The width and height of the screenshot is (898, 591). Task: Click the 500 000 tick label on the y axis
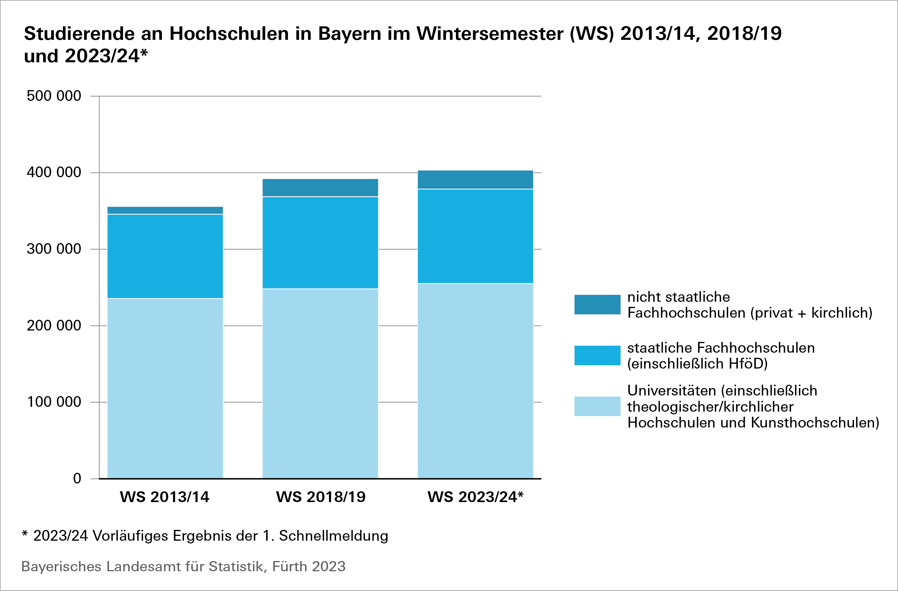coord(54,96)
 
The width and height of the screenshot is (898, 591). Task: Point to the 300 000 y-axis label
coord(54,249)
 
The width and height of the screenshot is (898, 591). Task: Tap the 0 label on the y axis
coord(77,478)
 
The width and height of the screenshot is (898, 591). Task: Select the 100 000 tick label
coord(54,402)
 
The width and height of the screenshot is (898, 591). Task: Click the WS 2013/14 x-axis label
coord(165,497)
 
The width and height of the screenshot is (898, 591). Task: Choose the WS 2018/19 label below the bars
coord(321,497)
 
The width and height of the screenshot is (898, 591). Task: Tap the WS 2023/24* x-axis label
coord(475,497)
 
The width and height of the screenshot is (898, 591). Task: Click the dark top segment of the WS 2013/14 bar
coord(165,210)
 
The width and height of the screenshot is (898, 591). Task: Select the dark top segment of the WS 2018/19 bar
coord(320,187)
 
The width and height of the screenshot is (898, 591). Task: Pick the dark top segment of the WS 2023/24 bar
coord(475,180)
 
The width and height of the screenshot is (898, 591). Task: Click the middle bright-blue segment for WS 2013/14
coord(165,256)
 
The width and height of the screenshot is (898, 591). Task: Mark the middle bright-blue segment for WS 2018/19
coord(320,243)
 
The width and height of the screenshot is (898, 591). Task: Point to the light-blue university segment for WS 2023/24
coord(475,381)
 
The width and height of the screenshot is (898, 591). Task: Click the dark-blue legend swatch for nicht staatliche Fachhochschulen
coord(597,304)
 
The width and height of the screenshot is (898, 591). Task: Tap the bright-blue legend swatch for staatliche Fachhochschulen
coord(597,355)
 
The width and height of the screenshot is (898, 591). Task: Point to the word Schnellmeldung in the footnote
coord(333,536)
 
